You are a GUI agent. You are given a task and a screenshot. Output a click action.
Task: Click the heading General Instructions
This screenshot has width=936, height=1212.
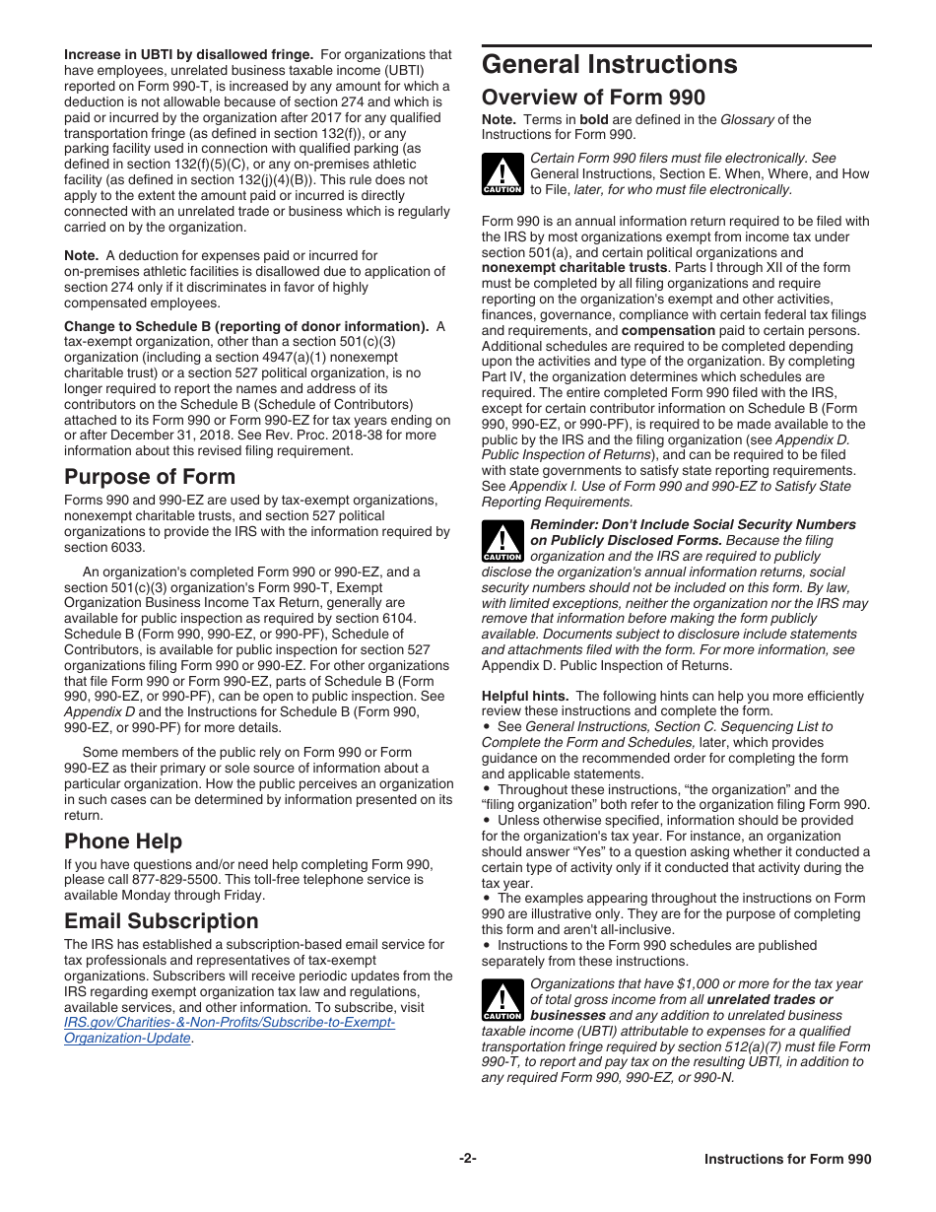point(609,65)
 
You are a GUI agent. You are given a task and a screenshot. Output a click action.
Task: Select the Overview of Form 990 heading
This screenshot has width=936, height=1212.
point(593,98)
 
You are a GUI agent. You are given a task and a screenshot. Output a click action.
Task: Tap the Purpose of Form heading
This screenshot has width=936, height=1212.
point(150,477)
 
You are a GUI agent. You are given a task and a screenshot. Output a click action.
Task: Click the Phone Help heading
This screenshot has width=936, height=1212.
point(123,841)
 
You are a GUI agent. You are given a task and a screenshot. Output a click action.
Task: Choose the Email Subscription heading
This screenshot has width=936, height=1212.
point(162,920)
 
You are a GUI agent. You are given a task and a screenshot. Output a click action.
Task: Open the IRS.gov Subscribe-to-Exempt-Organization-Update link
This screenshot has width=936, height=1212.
point(229,1031)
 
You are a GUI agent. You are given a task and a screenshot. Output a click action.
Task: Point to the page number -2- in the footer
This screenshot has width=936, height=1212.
point(468,1159)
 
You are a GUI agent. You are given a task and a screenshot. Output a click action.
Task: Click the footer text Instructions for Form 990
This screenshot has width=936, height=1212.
point(787,1160)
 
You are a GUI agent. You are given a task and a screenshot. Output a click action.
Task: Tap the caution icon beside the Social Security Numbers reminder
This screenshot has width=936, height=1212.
point(502,543)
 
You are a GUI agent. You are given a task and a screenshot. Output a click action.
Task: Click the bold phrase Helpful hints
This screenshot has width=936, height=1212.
point(524,696)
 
